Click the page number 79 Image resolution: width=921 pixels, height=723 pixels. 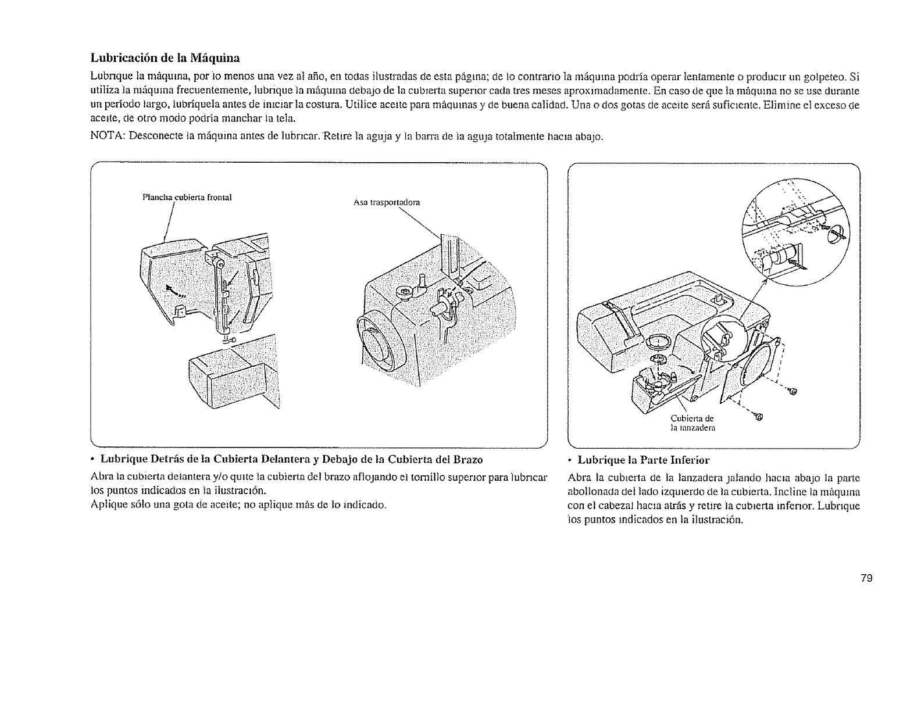click(x=867, y=578)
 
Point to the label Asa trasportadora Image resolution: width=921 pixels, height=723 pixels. click(x=386, y=203)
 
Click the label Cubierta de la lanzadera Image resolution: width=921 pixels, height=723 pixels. click(x=692, y=423)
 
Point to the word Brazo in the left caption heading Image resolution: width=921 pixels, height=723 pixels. click(x=469, y=460)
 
